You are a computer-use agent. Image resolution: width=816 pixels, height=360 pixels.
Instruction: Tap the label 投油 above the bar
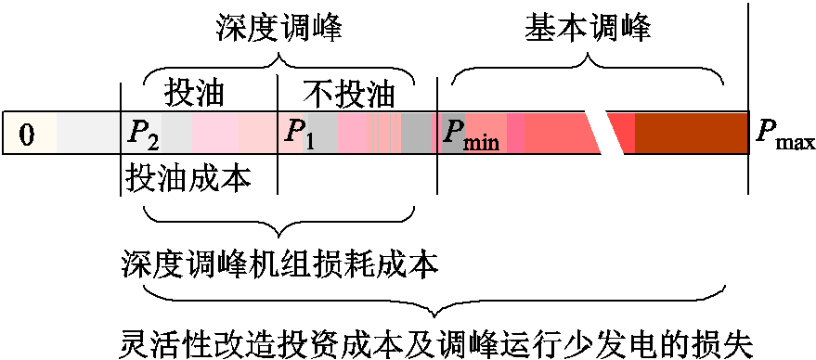point(194,94)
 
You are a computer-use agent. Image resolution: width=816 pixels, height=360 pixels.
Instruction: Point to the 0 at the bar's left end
point(26,135)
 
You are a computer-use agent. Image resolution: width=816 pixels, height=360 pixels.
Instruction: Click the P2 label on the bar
point(142,135)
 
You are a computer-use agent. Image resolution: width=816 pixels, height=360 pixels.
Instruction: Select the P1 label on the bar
point(299,135)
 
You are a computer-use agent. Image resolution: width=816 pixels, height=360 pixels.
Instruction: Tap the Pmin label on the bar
point(470,136)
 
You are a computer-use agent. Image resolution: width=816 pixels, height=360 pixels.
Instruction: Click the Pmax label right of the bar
point(784,136)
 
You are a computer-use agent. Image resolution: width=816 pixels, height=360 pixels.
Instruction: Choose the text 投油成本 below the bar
point(188,176)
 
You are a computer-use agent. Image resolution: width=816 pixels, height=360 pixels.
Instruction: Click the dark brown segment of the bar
point(692,133)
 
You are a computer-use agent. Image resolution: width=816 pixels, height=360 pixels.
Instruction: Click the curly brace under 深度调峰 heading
point(279,66)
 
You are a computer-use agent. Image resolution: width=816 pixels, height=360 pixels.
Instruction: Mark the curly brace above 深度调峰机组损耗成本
point(279,219)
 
